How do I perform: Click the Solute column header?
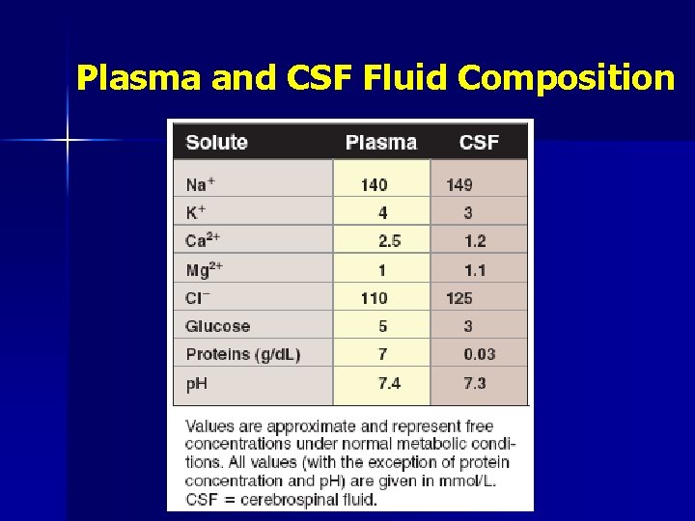click(216, 143)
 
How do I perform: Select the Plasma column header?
click(381, 143)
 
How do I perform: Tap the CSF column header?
click(479, 143)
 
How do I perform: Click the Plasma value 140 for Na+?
click(375, 184)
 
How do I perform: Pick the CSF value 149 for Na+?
click(459, 184)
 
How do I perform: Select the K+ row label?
click(197, 212)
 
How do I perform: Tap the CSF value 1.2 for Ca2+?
click(475, 241)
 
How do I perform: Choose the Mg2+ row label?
click(205, 270)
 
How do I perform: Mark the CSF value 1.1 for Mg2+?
click(475, 270)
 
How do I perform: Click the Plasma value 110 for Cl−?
click(375, 298)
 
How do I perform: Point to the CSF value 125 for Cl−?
click(459, 298)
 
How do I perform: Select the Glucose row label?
click(218, 326)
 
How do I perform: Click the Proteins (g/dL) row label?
click(243, 355)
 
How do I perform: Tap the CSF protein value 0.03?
click(480, 355)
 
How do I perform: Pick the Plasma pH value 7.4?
click(389, 383)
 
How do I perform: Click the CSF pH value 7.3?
click(475, 383)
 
